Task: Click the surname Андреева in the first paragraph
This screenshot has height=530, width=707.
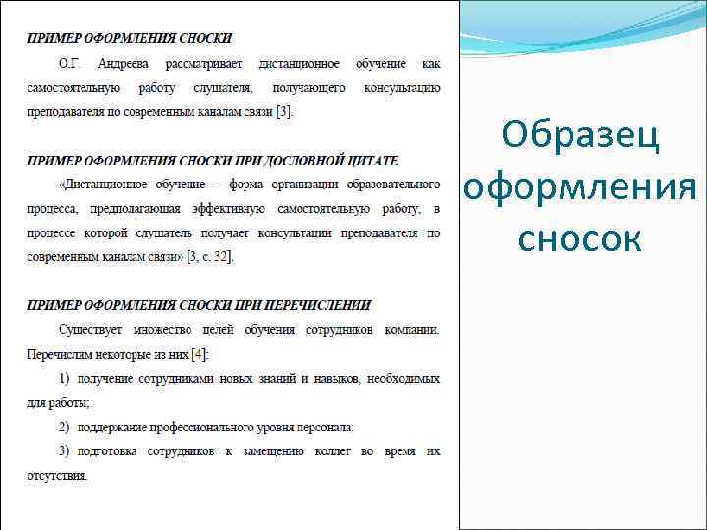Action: tap(123, 64)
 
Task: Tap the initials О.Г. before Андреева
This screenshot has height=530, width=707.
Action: tap(70, 64)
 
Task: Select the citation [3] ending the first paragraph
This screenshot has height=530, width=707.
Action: tap(284, 111)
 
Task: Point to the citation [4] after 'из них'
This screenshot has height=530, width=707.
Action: tap(200, 352)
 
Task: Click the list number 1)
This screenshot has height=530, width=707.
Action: tap(65, 377)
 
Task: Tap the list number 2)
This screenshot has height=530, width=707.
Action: tap(65, 426)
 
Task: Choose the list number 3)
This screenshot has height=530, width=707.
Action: tap(65, 450)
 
